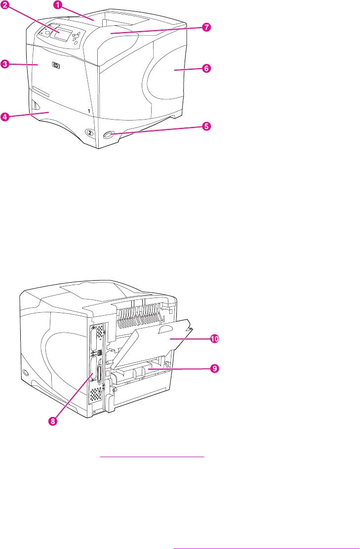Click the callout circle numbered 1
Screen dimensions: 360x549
(59, 5)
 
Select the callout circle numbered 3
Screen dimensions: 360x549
(5, 64)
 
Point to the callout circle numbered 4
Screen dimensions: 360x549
(5, 117)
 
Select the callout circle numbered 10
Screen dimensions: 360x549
(214, 339)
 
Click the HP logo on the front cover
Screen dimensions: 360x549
(54, 64)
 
